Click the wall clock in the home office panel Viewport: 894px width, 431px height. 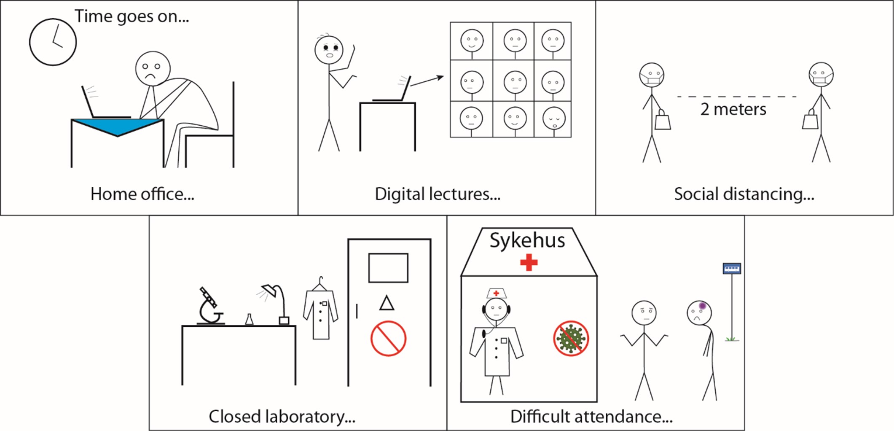click(x=53, y=42)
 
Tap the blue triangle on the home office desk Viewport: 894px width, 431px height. click(x=117, y=126)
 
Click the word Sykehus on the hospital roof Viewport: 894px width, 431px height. click(x=527, y=241)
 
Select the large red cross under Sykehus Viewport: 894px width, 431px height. click(x=529, y=263)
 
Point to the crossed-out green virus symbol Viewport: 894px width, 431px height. click(x=571, y=338)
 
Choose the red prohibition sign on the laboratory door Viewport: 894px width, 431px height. click(x=388, y=338)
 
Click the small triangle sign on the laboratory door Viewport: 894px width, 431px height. click(x=387, y=303)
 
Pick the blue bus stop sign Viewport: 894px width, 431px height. click(x=732, y=269)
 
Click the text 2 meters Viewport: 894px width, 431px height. click(x=733, y=109)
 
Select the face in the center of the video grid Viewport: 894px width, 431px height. click(x=515, y=81)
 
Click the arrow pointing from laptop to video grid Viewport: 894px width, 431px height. click(x=427, y=81)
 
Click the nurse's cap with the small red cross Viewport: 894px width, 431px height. click(x=496, y=293)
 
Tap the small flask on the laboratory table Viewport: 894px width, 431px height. click(x=249, y=319)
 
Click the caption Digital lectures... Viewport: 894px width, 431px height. click(x=438, y=194)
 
